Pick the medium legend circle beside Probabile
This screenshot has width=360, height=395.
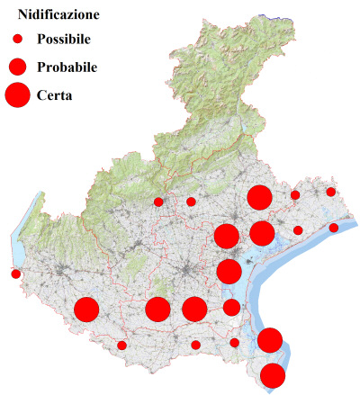point(17,67)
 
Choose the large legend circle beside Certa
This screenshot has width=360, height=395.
point(17,94)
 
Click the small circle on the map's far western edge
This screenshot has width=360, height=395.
point(15,274)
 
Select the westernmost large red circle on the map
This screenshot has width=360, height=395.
point(86,310)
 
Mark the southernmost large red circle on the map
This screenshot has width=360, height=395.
point(273,375)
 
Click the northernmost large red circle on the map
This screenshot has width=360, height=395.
point(260,198)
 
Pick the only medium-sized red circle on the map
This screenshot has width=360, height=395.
point(231,308)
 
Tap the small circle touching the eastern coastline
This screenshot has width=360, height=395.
point(333,228)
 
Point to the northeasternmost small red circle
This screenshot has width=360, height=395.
point(330,192)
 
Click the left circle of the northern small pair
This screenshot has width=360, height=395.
point(158,202)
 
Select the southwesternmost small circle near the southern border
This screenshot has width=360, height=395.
point(121,345)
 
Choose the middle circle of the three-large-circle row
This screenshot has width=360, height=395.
point(157,310)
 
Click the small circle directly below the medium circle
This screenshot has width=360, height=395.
point(234,342)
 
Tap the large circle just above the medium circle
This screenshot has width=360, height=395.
point(229,271)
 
